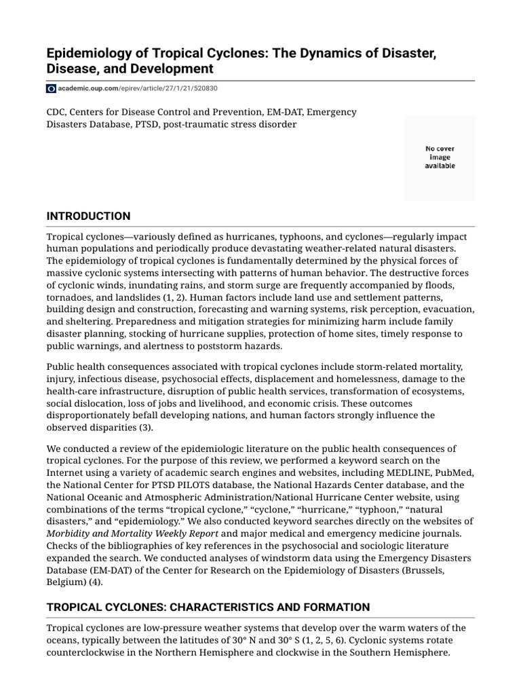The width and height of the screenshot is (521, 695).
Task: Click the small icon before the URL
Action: click(x=51, y=88)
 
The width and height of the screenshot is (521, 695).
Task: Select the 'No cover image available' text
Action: click(x=440, y=157)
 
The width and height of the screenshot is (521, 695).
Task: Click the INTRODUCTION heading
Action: click(x=88, y=216)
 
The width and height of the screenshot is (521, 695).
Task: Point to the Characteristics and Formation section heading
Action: click(x=208, y=607)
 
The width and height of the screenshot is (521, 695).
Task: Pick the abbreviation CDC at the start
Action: click(x=57, y=112)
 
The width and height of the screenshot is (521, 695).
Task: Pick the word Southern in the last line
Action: click(x=379, y=653)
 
